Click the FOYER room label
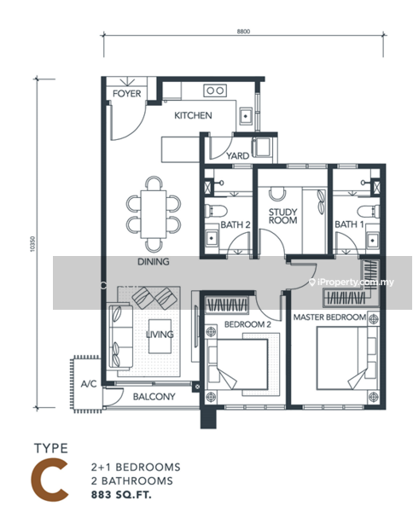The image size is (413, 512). coord(126,94)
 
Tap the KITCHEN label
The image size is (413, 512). coord(193,115)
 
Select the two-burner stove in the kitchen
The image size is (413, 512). coord(215,90)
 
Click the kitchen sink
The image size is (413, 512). coord(246,116)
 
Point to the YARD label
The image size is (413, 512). coord(238,156)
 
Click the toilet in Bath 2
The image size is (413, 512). coord(216,211)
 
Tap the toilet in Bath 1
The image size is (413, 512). coord(369,211)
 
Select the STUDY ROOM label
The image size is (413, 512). coord(282,216)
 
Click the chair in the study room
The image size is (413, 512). coord(277,194)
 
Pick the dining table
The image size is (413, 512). coord(154,214)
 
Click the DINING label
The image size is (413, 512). coord(154,262)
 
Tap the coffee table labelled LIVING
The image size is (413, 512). coord(160,336)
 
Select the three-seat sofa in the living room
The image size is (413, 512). coord(119,336)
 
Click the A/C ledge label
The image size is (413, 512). coord(89,384)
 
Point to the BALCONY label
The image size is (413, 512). coord(154,397)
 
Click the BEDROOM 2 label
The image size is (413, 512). coord(247,324)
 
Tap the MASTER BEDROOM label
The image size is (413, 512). coord(329,317)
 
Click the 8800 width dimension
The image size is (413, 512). coord(243,32)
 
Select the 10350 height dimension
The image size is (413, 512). coord(32,244)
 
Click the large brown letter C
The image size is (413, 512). coord(50,480)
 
